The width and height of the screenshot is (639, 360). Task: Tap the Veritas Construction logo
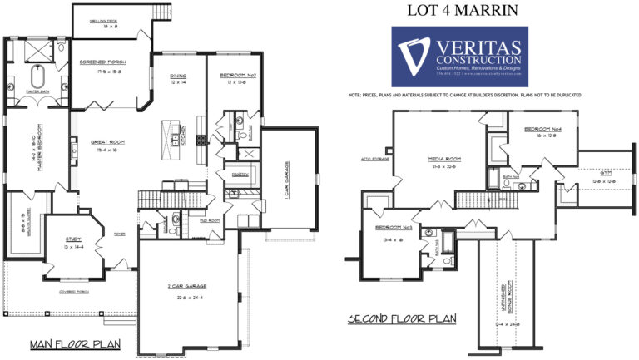tap(459, 57)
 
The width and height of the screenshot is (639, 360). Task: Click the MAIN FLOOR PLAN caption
tap(75, 343)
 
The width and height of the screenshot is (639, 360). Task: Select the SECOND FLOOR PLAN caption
tap(402, 318)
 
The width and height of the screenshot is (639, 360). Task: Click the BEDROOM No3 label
tap(394, 227)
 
